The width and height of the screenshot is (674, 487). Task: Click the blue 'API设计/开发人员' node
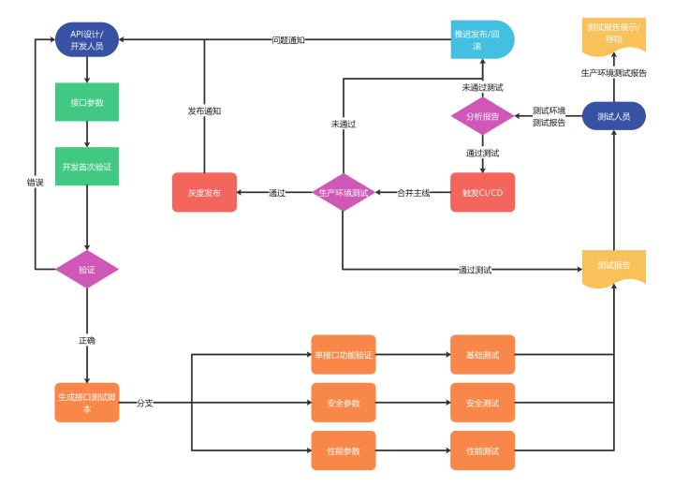[87, 39]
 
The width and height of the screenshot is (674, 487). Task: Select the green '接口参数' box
[87, 102]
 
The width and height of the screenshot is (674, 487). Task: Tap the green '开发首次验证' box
[87, 167]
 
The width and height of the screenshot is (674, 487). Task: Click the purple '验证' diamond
[87, 270]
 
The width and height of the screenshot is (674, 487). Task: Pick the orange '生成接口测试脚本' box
[87, 403]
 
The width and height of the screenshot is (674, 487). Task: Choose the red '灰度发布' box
[204, 192]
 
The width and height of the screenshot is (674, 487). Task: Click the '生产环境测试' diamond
[343, 192]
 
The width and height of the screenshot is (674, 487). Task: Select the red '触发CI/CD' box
[482, 192]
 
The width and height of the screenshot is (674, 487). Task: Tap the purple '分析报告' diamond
[482, 116]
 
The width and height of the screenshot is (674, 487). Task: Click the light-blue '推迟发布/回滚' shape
[482, 39]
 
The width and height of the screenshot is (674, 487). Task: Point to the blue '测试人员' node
[614, 116]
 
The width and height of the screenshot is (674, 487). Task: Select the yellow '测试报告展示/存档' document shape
[614, 37]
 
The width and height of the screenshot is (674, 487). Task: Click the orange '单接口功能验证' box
[344, 355]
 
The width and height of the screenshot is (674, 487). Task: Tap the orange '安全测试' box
[482, 403]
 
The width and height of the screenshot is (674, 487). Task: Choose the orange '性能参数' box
[344, 450]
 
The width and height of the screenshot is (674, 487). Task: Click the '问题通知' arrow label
[288, 40]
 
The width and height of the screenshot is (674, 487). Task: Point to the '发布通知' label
[204, 111]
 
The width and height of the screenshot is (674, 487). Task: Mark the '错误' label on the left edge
[36, 183]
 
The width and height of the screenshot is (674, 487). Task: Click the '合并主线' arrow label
[413, 193]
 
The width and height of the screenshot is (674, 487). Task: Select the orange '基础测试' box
[482, 355]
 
